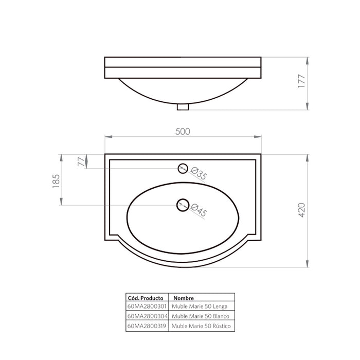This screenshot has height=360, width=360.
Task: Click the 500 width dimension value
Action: click(x=183, y=132)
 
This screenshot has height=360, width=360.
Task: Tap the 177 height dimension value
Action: click(x=301, y=81)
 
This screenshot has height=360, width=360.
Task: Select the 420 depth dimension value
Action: click(x=302, y=210)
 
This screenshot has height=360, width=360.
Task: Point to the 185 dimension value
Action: click(x=56, y=182)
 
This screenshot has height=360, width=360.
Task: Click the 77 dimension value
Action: click(x=81, y=161)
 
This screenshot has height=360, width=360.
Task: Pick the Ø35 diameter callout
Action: click(x=199, y=174)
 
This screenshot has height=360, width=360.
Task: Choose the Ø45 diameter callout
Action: click(x=199, y=210)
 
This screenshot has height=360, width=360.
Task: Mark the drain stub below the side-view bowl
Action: click(x=183, y=107)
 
